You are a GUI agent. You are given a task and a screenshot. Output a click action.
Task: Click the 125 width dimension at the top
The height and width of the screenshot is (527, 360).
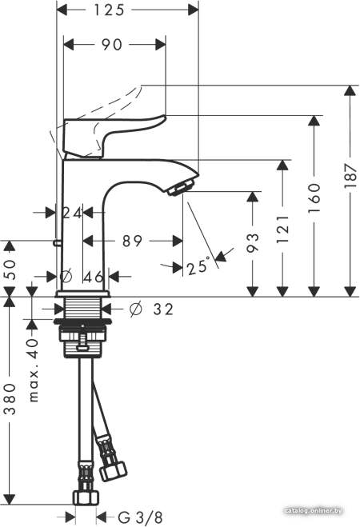pos(109,10)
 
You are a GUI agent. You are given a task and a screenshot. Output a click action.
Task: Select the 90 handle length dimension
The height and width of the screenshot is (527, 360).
pos(112,45)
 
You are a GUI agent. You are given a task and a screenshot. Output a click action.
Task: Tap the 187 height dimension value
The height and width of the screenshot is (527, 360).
pos(350,176)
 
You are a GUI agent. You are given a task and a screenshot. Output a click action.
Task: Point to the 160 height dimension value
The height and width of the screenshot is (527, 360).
pos(314,198)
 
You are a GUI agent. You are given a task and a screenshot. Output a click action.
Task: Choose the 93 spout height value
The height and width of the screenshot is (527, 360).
pos(253,242)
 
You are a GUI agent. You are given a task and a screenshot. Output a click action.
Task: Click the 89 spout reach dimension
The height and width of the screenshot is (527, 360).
pos(132,241)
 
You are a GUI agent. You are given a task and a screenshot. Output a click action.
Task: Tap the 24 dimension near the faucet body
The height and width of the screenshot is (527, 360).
pos(72,213)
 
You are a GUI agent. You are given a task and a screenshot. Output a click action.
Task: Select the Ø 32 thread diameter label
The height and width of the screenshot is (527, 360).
pos(151,309)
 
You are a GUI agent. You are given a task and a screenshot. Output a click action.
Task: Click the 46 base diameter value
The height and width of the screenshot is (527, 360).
pos(93,277)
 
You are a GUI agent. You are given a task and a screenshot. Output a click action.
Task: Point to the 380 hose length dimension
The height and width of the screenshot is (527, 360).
pos(10,398)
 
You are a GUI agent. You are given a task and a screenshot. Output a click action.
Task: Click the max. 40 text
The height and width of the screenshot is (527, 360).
pos(33,370)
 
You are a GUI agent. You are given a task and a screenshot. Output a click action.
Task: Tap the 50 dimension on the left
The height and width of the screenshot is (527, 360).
pos(10,269)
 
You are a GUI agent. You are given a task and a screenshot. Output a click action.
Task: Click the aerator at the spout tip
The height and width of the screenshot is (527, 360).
pos(181,187)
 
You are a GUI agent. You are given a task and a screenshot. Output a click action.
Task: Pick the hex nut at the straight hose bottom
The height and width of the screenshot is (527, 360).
pos(86,497)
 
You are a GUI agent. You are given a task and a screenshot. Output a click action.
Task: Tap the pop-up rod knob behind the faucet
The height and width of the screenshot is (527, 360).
pos(57,242)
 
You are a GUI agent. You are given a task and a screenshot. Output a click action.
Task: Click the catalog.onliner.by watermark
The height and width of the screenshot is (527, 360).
pos(314,511)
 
